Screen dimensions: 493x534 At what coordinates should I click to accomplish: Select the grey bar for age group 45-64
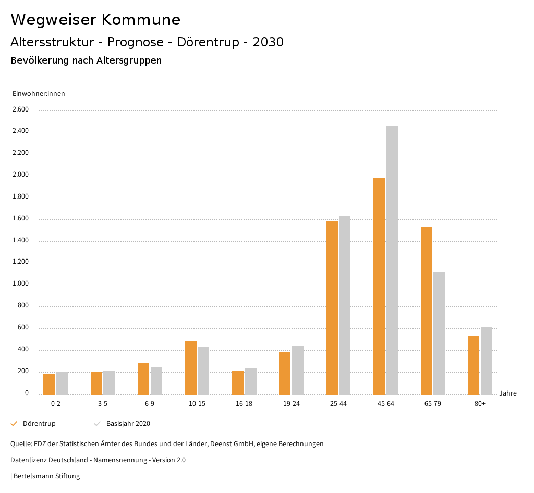392,260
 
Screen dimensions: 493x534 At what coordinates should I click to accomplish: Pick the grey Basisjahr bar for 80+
487,360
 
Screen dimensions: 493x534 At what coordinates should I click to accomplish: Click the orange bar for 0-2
49,384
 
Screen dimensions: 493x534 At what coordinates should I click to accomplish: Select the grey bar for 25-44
345,305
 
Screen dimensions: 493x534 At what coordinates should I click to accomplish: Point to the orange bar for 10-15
191,367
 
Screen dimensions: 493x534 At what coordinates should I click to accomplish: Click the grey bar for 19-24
298,369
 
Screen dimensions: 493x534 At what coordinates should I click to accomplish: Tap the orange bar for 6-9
143,378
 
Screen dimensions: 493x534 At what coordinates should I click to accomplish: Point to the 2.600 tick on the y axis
20,109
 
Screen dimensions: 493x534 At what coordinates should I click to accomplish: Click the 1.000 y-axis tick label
20,284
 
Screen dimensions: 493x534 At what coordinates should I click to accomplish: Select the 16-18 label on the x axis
244,404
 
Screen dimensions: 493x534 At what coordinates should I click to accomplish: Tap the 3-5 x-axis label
103,404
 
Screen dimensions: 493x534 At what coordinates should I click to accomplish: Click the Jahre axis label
508,393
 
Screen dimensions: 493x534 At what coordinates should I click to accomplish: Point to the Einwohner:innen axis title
39,94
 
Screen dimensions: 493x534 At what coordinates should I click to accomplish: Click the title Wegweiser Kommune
95,20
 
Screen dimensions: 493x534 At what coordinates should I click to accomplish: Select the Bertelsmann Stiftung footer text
46,476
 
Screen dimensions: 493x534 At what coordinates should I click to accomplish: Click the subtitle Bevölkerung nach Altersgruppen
86,60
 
